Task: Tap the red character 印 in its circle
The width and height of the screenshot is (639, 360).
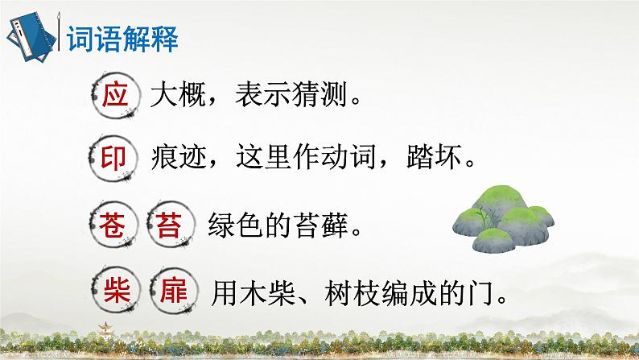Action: pos(115,158)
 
